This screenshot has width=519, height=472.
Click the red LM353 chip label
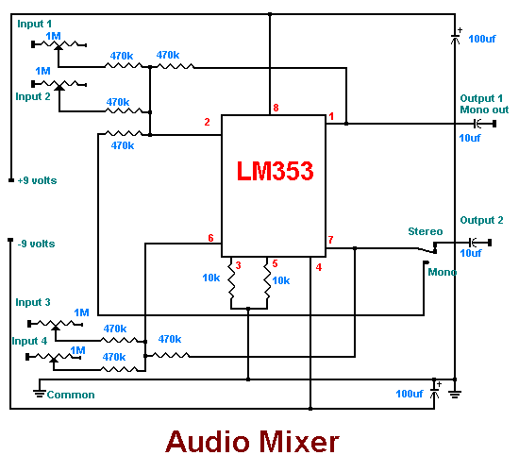[x=275, y=171]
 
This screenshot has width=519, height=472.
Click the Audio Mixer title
[x=252, y=442]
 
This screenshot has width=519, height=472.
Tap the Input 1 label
[x=34, y=24]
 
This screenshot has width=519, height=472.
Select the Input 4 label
[x=29, y=341]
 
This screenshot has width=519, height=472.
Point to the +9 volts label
[x=37, y=180]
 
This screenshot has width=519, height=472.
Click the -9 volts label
[x=36, y=244]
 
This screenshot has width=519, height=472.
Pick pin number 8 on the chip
[x=276, y=108]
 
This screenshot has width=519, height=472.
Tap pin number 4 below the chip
[x=319, y=267]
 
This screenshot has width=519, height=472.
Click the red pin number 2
[x=207, y=122]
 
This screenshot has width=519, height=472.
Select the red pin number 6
[x=210, y=238]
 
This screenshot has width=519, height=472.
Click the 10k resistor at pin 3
[x=231, y=282]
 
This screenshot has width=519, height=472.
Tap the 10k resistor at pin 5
[x=267, y=282]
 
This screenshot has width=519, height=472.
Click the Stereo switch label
[x=426, y=231]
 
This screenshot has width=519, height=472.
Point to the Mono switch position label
[x=443, y=272]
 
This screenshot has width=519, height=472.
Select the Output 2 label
[x=481, y=220]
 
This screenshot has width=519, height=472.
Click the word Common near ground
[x=71, y=395]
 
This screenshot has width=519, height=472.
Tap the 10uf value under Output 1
[x=470, y=138]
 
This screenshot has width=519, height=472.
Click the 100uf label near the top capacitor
[x=482, y=39]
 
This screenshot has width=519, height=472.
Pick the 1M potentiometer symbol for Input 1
[x=59, y=44]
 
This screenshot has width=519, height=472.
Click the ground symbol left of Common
[x=40, y=394]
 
